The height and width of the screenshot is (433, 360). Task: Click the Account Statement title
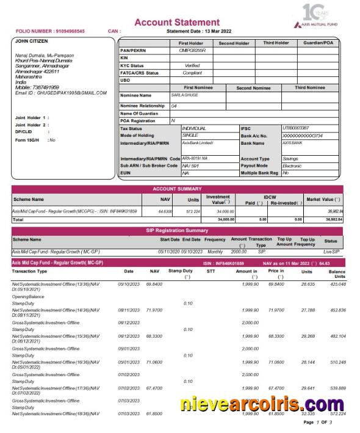[x=176, y=23]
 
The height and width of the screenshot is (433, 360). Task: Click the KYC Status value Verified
[x=192, y=65]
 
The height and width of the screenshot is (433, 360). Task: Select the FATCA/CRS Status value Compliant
[x=192, y=73]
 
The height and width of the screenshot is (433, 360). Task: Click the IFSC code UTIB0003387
[x=297, y=128]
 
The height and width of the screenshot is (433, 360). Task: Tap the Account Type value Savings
[x=290, y=159]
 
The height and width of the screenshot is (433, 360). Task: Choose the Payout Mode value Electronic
[x=292, y=166]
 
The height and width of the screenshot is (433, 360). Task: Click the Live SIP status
[x=330, y=251]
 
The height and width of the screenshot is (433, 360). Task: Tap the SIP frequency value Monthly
[x=215, y=251]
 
